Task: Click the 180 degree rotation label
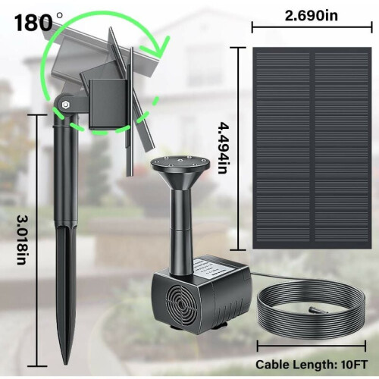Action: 38,22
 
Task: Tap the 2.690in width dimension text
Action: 312,16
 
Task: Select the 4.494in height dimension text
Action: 224,148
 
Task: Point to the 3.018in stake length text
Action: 23,240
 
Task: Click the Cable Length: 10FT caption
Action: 312,365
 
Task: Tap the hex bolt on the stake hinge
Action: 66,105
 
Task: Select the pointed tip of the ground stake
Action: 66,363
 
